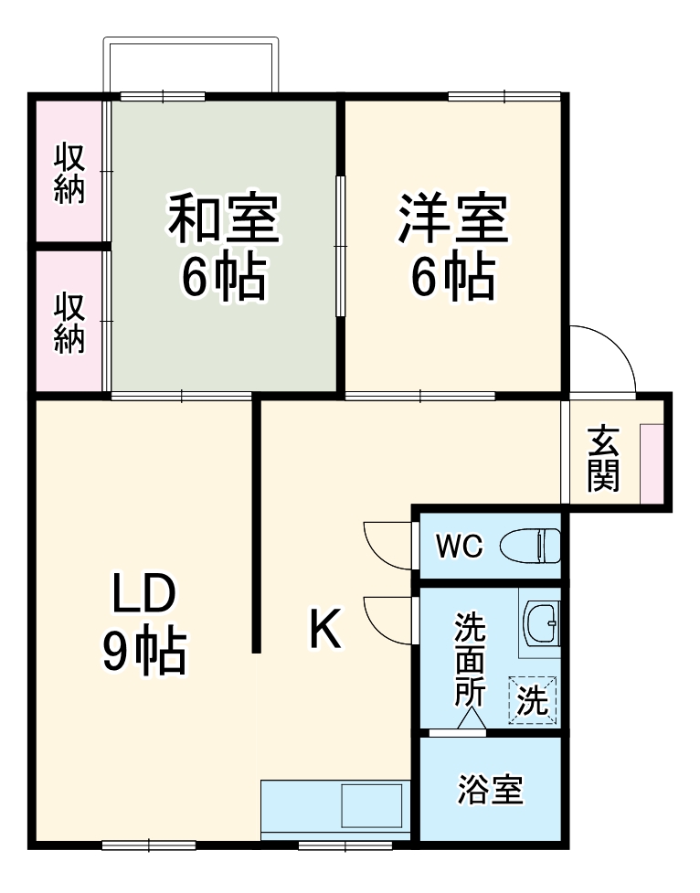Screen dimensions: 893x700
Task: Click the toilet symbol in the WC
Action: point(530,547)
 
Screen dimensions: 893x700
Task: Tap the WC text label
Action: point(458,547)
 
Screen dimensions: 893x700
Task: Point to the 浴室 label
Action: point(491,789)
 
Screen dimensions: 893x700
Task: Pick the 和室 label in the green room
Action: point(223,220)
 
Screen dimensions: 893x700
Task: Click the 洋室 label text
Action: point(452,220)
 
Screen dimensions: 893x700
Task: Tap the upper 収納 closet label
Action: point(69,174)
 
